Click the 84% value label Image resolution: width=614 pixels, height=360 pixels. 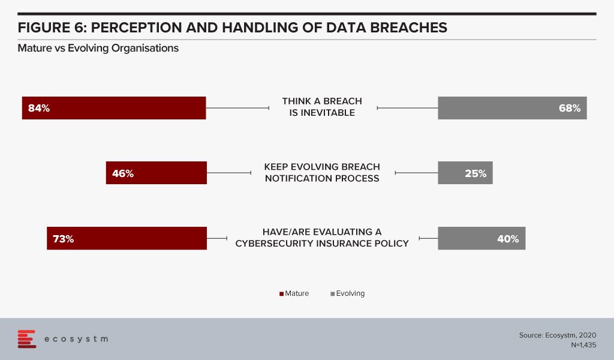click(x=39, y=108)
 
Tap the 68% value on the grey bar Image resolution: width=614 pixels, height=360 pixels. click(x=570, y=108)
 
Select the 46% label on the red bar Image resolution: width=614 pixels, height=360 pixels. click(x=123, y=173)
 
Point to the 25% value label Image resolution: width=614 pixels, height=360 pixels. click(x=475, y=173)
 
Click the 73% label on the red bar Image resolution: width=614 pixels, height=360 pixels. click(x=64, y=239)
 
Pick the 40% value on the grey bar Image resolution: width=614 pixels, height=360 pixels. click(x=508, y=239)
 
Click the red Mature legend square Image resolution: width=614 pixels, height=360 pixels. click(x=281, y=294)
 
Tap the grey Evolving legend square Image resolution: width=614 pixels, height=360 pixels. click(x=332, y=294)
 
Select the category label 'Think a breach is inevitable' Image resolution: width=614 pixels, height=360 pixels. click(x=322, y=107)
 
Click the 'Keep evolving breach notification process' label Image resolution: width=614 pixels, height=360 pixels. click(x=322, y=172)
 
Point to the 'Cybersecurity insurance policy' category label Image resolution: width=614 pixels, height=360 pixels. click(x=322, y=238)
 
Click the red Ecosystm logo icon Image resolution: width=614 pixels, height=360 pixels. click(x=26, y=339)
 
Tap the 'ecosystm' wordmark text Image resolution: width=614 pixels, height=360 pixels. click(x=76, y=339)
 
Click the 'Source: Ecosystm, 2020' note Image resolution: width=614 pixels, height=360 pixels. click(x=558, y=335)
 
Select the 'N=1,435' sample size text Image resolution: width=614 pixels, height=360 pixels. click(x=583, y=345)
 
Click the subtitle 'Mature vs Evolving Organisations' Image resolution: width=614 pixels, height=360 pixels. click(x=98, y=48)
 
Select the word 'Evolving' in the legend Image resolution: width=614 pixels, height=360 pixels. click(x=350, y=293)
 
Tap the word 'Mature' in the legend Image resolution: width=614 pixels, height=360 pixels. click(x=297, y=293)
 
